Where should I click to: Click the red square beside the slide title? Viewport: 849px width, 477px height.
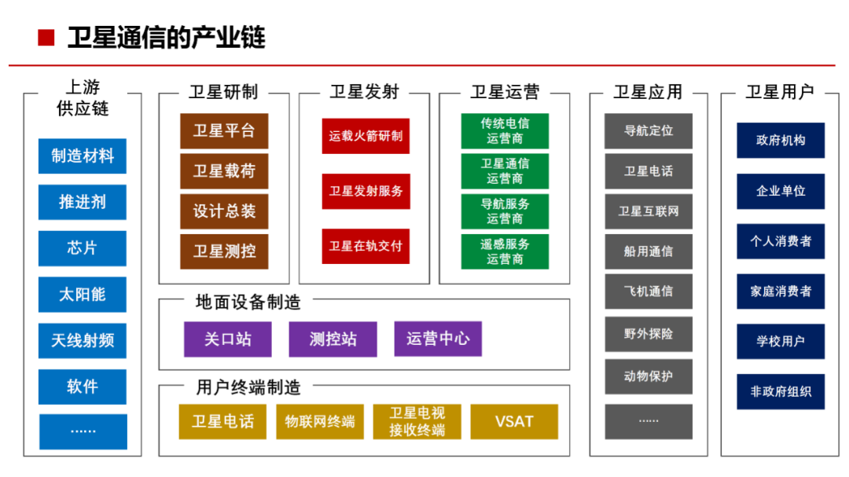pyautogui.click(x=46, y=38)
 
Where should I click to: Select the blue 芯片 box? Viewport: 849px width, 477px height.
pyautogui.click(x=83, y=248)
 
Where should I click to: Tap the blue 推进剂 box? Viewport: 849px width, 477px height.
pyautogui.click(x=83, y=202)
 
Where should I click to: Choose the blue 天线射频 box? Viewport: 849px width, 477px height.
pyautogui.click(x=83, y=340)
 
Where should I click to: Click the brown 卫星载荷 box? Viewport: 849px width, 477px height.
pyautogui.click(x=224, y=171)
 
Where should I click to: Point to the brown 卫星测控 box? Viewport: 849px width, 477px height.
pyautogui.click(x=224, y=251)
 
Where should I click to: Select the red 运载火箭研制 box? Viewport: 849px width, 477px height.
pyautogui.click(x=366, y=136)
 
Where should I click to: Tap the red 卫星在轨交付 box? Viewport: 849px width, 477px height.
pyautogui.click(x=366, y=246)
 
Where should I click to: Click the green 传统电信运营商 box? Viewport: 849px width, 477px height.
pyautogui.click(x=505, y=131)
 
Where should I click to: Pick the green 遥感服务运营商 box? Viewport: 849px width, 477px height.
pyautogui.click(x=505, y=251)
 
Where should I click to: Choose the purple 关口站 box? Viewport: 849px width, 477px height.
pyautogui.click(x=228, y=339)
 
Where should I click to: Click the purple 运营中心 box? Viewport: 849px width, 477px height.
pyautogui.click(x=438, y=339)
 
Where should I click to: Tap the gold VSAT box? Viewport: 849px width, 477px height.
pyautogui.click(x=514, y=422)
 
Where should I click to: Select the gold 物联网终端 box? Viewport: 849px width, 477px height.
pyautogui.click(x=320, y=422)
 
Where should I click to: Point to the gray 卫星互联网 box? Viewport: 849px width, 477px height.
pyautogui.click(x=649, y=211)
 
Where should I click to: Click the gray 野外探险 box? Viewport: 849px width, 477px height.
pyautogui.click(x=649, y=334)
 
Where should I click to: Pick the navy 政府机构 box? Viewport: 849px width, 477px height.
pyautogui.click(x=781, y=141)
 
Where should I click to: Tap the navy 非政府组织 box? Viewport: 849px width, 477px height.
pyautogui.click(x=781, y=391)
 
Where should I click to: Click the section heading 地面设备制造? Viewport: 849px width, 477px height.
pyautogui.click(x=248, y=302)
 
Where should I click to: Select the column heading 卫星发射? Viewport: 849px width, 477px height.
pyautogui.click(x=365, y=92)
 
